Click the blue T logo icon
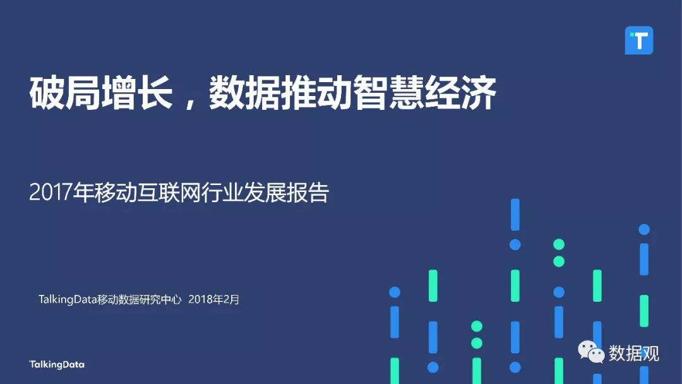pyautogui.click(x=638, y=40)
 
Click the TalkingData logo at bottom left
pyautogui.click(x=57, y=364)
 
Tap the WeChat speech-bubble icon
pyautogui.click(x=591, y=352)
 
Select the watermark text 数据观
pyautogui.click(x=634, y=352)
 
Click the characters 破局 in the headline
pyautogui.click(x=65, y=93)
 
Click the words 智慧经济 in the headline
pyautogui.click(x=424, y=93)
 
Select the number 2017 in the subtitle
pyautogui.click(x=51, y=192)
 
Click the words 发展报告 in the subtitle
pyautogui.click(x=286, y=192)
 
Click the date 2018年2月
pyautogui.click(x=214, y=299)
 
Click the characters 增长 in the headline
pyautogui.click(x=136, y=93)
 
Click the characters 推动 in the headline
pyautogui.click(x=317, y=93)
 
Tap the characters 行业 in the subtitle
pyautogui.click(x=222, y=192)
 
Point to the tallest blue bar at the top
pyautogui.click(x=515, y=214)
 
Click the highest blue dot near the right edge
pyautogui.click(x=644, y=229)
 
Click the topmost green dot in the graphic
pyautogui.click(x=559, y=244)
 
